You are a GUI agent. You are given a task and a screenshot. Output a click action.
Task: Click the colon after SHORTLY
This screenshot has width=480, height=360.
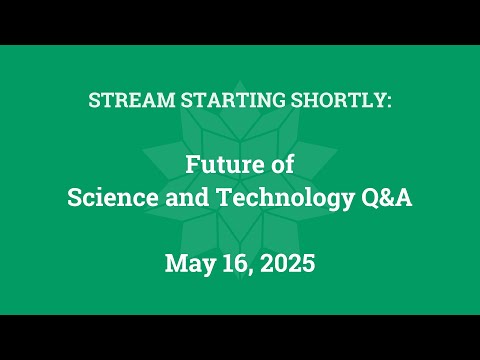(x=388, y=101)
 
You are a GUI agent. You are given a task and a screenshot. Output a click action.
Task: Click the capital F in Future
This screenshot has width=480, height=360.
(x=192, y=162)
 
